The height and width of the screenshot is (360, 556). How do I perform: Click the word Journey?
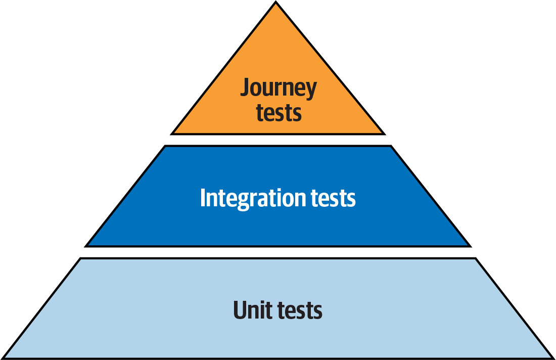[x=279, y=88]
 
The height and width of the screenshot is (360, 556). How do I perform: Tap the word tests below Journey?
[x=279, y=112]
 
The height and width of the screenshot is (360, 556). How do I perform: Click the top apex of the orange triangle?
[x=276, y=3]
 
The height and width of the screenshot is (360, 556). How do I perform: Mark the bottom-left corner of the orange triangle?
[x=172, y=134]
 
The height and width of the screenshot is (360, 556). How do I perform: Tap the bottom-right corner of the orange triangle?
[x=384, y=134]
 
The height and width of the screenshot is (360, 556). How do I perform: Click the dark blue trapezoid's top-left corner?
[x=165, y=146]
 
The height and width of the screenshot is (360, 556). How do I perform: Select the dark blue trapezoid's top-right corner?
[x=391, y=146]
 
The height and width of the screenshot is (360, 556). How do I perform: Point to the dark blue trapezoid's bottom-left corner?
[x=86, y=246]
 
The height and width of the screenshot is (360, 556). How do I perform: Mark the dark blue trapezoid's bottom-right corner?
[x=470, y=246]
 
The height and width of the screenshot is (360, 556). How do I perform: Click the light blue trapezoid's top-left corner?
[x=80, y=258]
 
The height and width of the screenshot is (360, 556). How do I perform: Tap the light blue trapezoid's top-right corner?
[x=476, y=258]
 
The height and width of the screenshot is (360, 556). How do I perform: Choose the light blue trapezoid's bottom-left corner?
[x=3, y=358]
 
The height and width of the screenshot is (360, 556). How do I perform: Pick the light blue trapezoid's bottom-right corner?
[x=553, y=358]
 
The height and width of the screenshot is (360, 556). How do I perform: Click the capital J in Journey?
[x=245, y=88]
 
